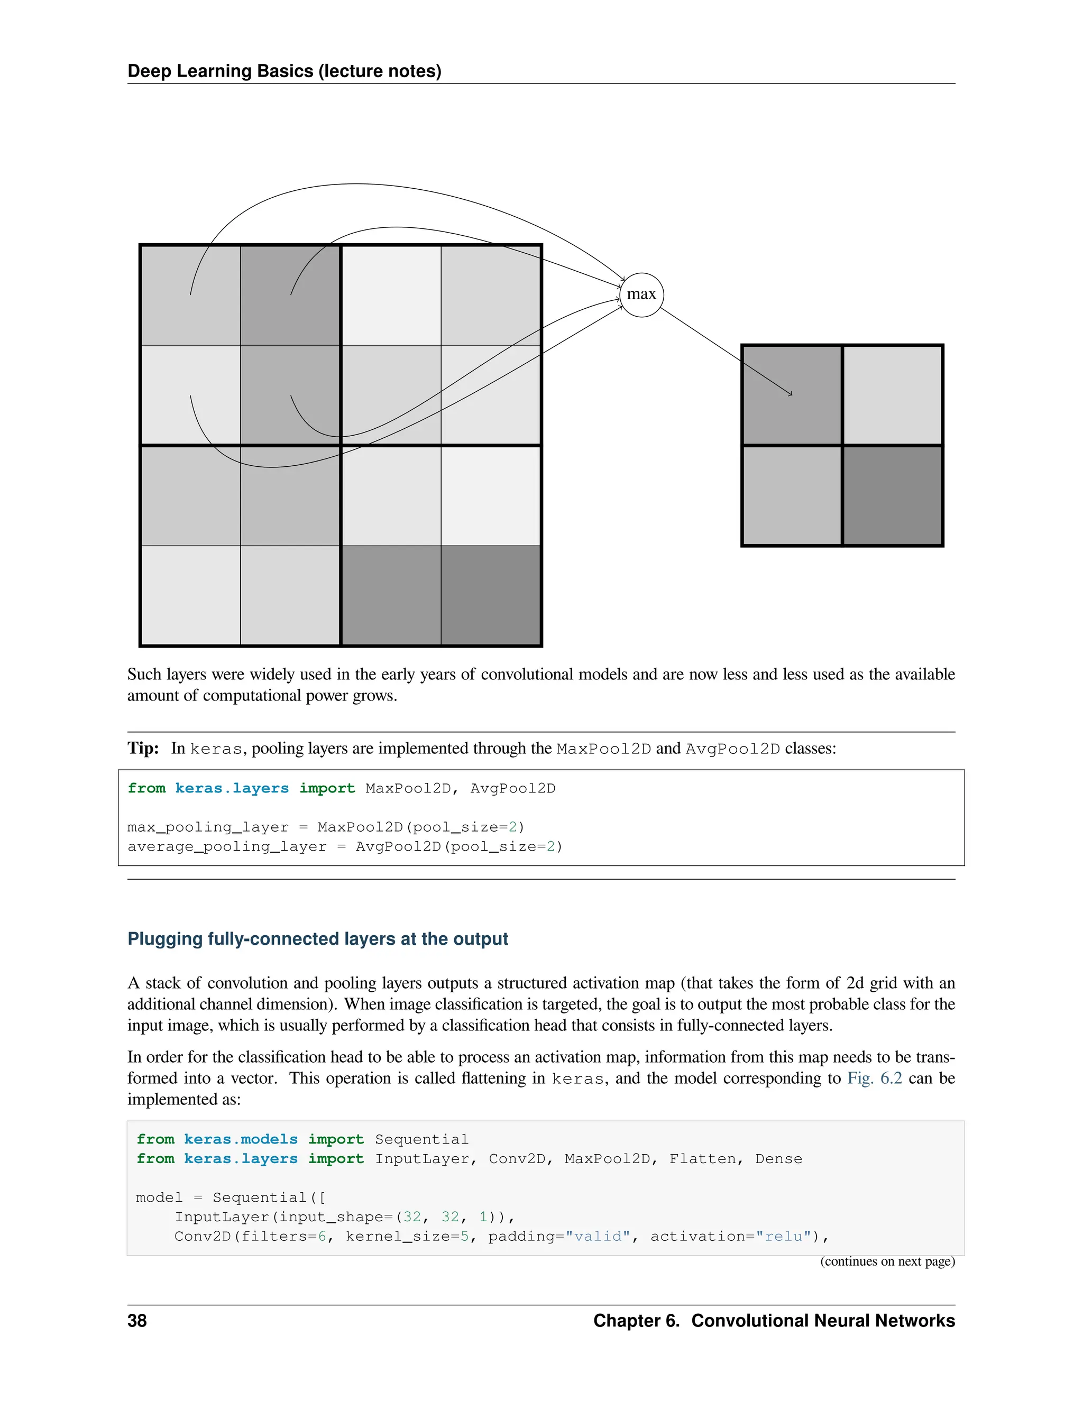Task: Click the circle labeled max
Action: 641,294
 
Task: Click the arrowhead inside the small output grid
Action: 791,393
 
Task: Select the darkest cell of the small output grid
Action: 893,495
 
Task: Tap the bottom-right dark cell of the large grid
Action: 491,595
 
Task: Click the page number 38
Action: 136,1321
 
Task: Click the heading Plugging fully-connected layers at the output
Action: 318,939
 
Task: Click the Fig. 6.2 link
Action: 875,1079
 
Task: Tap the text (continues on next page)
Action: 887,1261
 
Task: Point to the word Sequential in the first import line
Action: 421,1139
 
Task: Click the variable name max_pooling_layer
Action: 208,827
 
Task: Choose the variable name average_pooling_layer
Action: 226,847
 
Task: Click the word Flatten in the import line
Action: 705,1158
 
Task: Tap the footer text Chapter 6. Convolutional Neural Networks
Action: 774,1321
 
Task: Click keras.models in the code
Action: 241,1139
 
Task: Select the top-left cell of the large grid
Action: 190,295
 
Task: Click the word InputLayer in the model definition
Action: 222,1217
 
